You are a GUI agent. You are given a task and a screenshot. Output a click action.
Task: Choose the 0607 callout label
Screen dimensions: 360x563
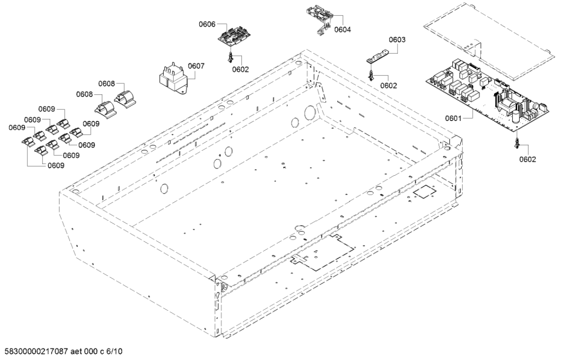[x=196, y=67]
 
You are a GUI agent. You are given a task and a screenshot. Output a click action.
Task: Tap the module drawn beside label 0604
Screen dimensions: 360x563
[x=322, y=18]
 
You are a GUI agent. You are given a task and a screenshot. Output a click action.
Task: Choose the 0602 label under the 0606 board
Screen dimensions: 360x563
[x=241, y=69]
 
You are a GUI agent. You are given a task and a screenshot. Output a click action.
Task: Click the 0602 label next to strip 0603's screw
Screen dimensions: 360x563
[x=388, y=85]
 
